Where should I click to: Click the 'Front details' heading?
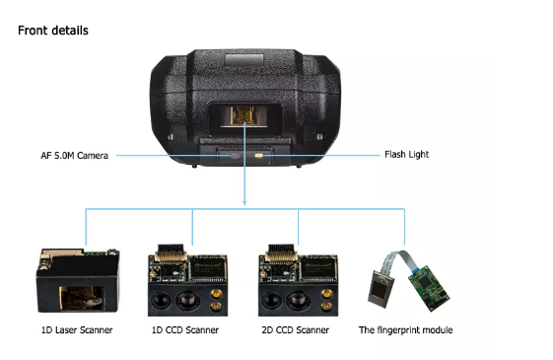[53, 31]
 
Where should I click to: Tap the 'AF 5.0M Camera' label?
[74, 156]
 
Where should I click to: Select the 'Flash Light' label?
[407, 155]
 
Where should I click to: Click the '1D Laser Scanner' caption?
[77, 330]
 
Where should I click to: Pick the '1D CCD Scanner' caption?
[185, 330]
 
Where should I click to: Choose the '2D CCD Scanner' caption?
[295, 330]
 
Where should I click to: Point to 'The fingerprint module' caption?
[405, 330]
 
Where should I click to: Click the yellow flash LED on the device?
[258, 155]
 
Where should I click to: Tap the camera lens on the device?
[235, 156]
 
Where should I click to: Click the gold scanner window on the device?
[242, 115]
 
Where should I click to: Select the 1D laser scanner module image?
[78, 281]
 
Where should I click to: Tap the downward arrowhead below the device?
[244, 202]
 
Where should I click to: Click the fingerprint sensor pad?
[380, 288]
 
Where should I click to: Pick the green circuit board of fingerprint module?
[429, 288]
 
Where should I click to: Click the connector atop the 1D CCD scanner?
[171, 252]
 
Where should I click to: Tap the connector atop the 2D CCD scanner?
[281, 252]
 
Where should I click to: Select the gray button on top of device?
[244, 60]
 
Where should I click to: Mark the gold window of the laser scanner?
[82, 298]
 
